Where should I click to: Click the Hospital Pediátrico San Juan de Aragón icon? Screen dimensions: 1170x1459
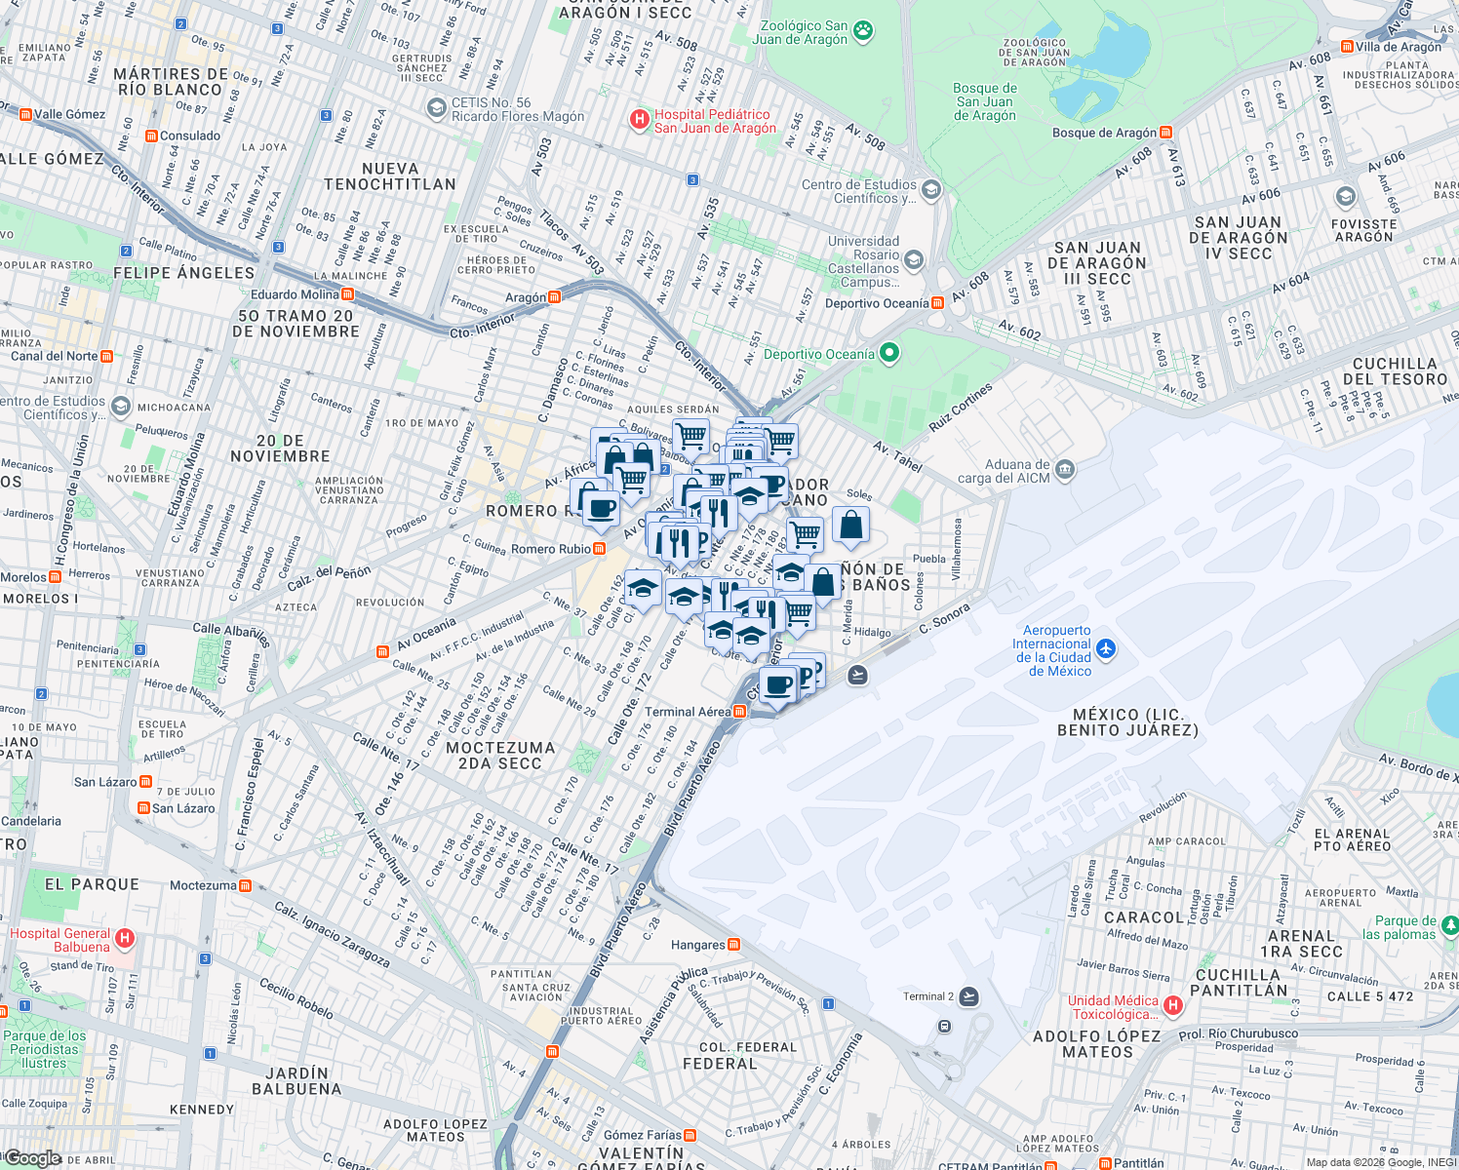coord(639,120)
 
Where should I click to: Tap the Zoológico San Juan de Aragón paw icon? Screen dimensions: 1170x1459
coord(863,31)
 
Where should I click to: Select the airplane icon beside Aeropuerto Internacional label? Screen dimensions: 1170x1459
coord(1105,648)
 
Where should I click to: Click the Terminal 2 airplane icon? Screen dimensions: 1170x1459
coord(968,996)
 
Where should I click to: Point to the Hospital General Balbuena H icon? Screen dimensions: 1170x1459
coord(124,939)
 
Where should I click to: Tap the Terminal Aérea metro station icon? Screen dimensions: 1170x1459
coord(739,712)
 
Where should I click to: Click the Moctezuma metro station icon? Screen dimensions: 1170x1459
coord(245,886)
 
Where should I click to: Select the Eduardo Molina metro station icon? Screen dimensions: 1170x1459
coord(347,294)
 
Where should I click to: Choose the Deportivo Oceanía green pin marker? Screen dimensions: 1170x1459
coord(888,353)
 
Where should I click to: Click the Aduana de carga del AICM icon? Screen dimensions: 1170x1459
coord(1064,470)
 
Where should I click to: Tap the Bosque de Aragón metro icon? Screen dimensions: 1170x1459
coord(1165,133)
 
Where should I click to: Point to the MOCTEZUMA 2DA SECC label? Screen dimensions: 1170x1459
coord(500,756)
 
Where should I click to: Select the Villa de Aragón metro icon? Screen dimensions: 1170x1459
coord(1347,47)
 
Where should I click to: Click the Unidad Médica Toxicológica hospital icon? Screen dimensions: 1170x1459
coord(1172,1004)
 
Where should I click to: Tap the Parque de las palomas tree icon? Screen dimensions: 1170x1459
coord(1450,923)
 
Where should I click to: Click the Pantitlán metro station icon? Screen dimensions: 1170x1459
coord(1104,1163)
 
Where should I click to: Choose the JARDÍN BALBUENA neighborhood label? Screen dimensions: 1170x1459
coord(296,1080)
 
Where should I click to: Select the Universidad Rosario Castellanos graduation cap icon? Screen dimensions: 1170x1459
coord(913,259)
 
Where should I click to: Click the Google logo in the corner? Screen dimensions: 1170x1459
coord(33,1158)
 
